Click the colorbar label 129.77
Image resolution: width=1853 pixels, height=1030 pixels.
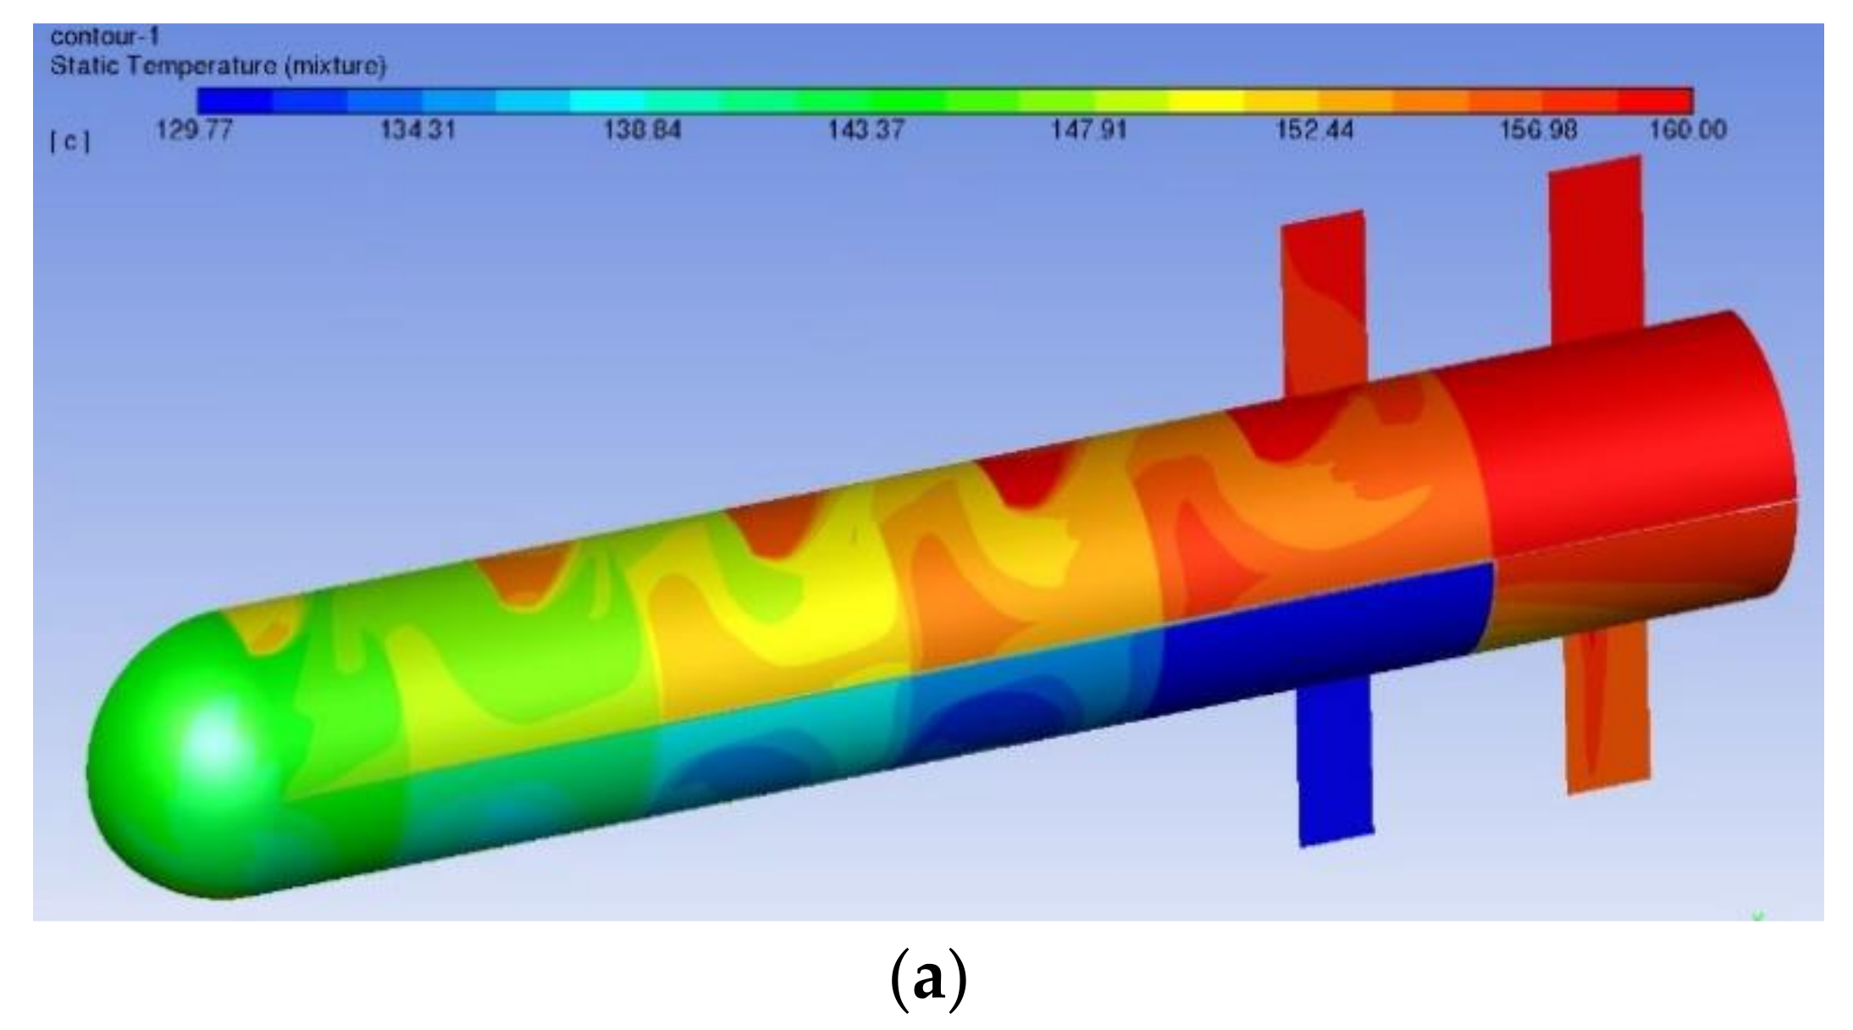tap(194, 130)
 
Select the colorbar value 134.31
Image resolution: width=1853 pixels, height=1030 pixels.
tap(418, 130)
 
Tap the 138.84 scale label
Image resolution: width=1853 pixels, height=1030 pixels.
tap(642, 130)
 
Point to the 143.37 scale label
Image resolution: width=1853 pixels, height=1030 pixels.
tap(866, 130)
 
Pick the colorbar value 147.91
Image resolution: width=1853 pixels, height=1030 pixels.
tap(1090, 130)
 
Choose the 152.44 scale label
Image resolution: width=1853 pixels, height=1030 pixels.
tap(1314, 130)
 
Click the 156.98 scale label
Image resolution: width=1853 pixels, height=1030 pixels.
tap(1538, 130)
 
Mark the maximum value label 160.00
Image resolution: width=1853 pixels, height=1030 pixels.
tap(1688, 130)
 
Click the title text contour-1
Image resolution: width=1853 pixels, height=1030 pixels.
tap(105, 36)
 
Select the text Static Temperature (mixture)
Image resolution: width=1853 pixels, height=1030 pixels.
tap(218, 65)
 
